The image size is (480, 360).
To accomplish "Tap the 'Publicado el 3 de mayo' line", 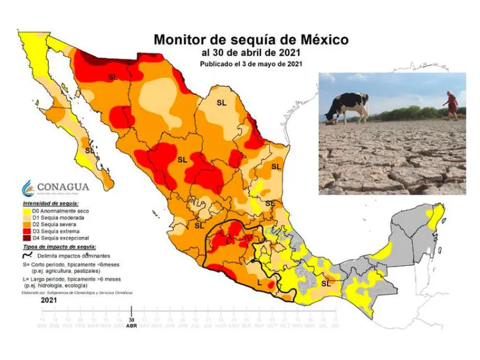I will click(x=251, y=64).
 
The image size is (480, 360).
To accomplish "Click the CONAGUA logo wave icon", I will click(x=28, y=188).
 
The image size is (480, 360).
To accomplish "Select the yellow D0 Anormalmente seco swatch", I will click(x=26, y=211).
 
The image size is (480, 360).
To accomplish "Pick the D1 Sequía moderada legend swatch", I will click(x=26, y=218).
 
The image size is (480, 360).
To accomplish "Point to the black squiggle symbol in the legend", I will click(x=27, y=255).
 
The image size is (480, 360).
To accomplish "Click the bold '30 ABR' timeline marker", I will click(x=131, y=322).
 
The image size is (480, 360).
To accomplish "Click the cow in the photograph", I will click(x=348, y=106).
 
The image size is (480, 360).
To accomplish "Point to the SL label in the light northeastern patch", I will click(x=221, y=102).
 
